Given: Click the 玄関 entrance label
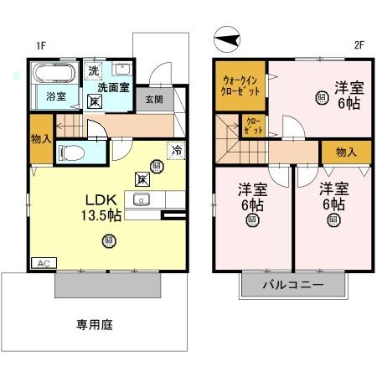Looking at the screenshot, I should pyautogui.click(x=153, y=99).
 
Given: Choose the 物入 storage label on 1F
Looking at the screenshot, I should pyautogui.click(x=39, y=139).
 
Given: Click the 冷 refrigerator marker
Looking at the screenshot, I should pyautogui.click(x=177, y=151).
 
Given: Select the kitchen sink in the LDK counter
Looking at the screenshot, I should pyautogui.click(x=141, y=200).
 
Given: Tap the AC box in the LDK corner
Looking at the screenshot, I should pyautogui.click(x=41, y=262).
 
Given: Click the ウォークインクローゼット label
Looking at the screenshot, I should pyautogui.click(x=237, y=82).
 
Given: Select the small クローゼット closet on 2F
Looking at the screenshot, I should pyautogui.click(x=251, y=127).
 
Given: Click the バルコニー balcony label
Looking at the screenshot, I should pyautogui.click(x=292, y=286).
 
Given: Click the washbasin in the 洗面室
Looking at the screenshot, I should pyautogui.click(x=122, y=69).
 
